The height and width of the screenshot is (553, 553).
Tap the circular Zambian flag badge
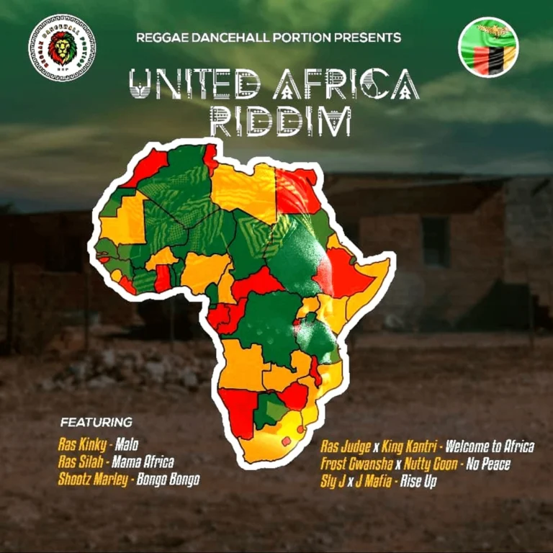(x=489, y=47)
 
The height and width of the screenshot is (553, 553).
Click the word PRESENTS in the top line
(x=364, y=37)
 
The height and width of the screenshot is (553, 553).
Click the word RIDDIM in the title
(x=280, y=120)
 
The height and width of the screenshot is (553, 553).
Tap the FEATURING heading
(x=96, y=421)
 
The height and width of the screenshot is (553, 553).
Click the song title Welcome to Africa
(x=490, y=447)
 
